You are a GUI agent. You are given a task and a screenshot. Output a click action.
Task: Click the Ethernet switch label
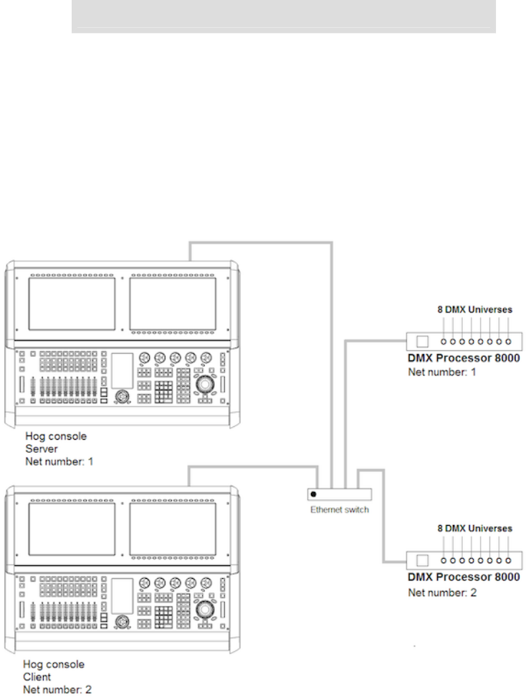tap(340, 509)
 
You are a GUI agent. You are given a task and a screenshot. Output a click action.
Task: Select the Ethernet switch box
tap(339, 494)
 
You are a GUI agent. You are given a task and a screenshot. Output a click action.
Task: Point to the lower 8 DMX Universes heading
tap(475, 528)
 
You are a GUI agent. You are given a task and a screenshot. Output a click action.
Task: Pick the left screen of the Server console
tap(71, 303)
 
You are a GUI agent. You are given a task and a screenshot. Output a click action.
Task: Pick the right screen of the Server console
tap(173, 303)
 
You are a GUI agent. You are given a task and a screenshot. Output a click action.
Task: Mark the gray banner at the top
tap(284, 16)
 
